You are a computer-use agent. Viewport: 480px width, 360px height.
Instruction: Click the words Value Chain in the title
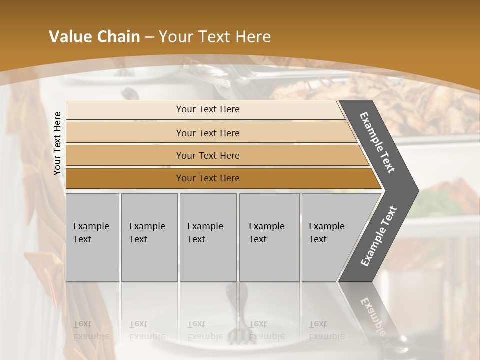(94, 37)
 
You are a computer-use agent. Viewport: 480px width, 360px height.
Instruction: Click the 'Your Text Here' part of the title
(215, 37)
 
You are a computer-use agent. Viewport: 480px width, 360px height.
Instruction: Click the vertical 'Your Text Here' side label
(57, 143)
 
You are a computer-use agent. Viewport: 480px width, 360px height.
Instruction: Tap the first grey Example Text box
(92, 237)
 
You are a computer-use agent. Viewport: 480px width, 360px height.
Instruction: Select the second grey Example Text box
(149, 237)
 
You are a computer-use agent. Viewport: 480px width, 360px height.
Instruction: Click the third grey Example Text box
(208, 237)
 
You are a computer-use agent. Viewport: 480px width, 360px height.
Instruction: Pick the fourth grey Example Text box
(269, 237)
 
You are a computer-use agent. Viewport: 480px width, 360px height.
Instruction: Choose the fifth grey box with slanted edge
(330, 237)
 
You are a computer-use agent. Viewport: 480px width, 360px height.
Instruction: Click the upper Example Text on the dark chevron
(377, 142)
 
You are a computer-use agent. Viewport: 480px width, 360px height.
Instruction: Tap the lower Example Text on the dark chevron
(379, 236)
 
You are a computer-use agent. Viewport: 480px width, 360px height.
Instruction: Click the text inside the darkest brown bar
(208, 178)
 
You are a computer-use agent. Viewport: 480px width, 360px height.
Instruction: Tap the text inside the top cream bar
(208, 109)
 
